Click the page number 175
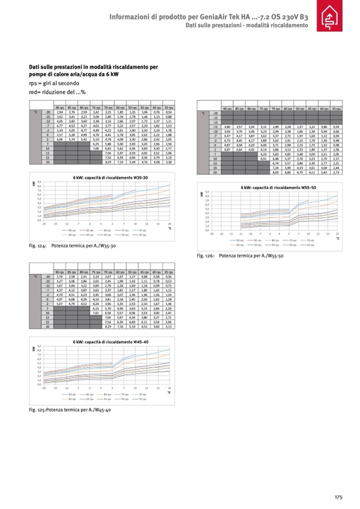(x=338, y=497)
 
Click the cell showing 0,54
(x=169, y=113)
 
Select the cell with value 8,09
(x=276, y=172)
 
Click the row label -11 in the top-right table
(x=215, y=128)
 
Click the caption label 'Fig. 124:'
(x=38, y=246)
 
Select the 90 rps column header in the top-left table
(x=59, y=108)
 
